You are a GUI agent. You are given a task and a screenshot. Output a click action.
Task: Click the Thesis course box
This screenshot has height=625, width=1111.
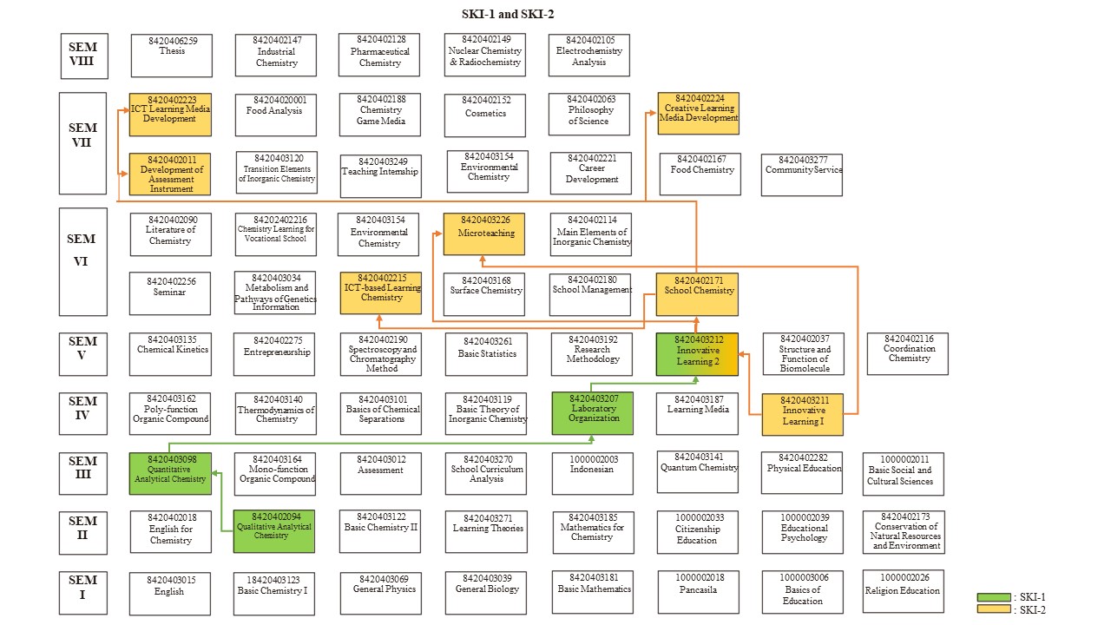pyautogui.click(x=171, y=56)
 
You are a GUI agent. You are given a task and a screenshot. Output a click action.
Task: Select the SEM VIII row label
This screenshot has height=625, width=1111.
pyautogui.click(x=83, y=56)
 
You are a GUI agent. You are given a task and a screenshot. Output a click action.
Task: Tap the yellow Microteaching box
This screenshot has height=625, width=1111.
pyautogui.click(x=483, y=234)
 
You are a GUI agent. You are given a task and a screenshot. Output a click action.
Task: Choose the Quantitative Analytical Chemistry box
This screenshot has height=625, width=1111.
pyautogui.click(x=170, y=473)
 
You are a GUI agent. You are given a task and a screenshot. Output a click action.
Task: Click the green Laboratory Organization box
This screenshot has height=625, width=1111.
pyautogui.click(x=594, y=412)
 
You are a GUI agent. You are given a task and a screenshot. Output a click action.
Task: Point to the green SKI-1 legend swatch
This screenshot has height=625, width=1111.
pyautogui.click(x=993, y=597)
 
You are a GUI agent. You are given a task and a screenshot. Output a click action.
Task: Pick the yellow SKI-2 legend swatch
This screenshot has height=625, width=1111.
pyautogui.click(x=993, y=609)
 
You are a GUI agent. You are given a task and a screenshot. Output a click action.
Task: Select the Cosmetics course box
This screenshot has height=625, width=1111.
pyautogui.click(x=485, y=115)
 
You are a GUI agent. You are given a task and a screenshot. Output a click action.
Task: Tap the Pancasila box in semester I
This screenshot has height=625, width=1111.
pyautogui.click(x=697, y=591)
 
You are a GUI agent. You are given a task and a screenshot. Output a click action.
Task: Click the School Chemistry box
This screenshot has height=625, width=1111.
pyautogui.click(x=696, y=295)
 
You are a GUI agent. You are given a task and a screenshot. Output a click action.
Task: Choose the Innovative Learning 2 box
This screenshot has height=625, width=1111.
pyautogui.click(x=697, y=354)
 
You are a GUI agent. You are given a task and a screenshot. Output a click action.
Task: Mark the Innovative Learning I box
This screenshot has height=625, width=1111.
pyautogui.click(x=802, y=414)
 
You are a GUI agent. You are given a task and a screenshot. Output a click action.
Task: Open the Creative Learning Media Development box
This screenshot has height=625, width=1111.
pyautogui.click(x=698, y=113)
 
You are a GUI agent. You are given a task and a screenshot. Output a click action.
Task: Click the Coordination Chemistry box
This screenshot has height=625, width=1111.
pyautogui.click(x=908, y=353)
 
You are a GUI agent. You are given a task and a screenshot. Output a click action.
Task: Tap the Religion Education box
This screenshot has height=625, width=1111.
pyautogui.click(x=903, y=591)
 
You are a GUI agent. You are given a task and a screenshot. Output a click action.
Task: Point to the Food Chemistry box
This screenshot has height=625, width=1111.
pyautogui.click(x=700, y=174)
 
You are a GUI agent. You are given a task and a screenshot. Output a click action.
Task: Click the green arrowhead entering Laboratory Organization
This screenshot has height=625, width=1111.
pyautogui.click(x=594, y=440)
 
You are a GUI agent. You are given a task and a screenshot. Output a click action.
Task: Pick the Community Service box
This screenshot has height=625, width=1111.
pyautogui.click(x=802, y=174)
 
